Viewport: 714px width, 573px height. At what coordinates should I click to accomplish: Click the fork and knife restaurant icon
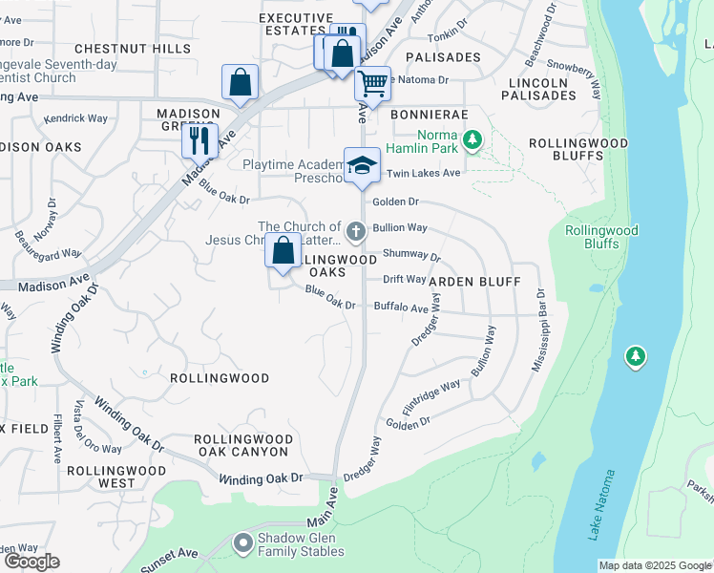click(200, 140)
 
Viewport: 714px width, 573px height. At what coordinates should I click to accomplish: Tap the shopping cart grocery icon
click(372, 82)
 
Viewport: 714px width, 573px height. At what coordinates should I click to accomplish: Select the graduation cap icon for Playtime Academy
click(362, 164)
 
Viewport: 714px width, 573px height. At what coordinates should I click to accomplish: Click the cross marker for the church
click(356, 229)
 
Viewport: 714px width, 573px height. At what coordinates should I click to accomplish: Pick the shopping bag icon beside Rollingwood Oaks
click(283, 252)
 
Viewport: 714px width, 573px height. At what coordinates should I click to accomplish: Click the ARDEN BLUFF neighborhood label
click(474, 282)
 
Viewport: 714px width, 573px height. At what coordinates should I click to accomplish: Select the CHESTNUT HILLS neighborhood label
click(133, 48)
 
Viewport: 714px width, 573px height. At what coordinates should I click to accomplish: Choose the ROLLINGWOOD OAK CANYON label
click(241, 445)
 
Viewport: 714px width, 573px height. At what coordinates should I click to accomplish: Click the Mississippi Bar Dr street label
click(537, 330)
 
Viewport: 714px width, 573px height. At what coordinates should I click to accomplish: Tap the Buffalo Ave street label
click(400, 308)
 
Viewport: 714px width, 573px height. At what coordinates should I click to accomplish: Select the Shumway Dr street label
click(411, 255)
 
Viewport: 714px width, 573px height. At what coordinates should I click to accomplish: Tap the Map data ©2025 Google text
click(654, 565)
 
